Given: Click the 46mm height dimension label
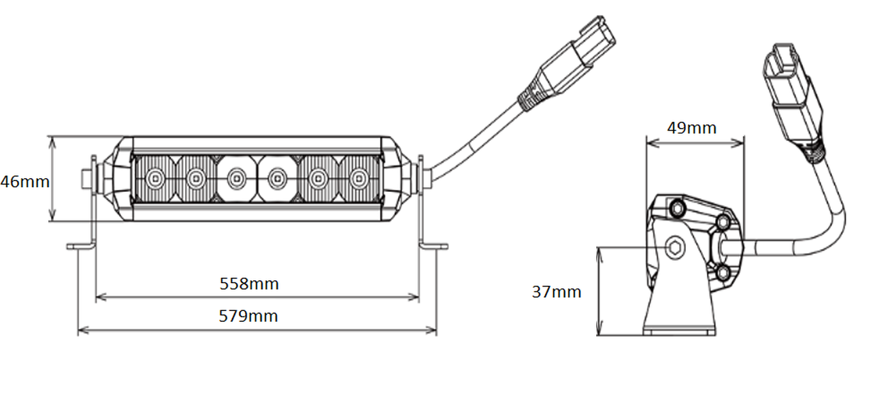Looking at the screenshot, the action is point(25,182).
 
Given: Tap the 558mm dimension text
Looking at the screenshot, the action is point(249,284).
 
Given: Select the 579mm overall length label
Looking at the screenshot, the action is point(248,317).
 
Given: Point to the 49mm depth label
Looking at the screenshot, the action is point(692,128).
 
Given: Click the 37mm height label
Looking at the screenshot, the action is point(557,292).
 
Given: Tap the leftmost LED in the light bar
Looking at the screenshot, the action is point(155,178).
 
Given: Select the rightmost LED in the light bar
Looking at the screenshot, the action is point(359,178).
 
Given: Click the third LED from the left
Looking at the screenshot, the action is point(236,178).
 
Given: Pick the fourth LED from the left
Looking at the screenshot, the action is point(277,178).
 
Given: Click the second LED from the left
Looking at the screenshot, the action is point(196,178).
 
